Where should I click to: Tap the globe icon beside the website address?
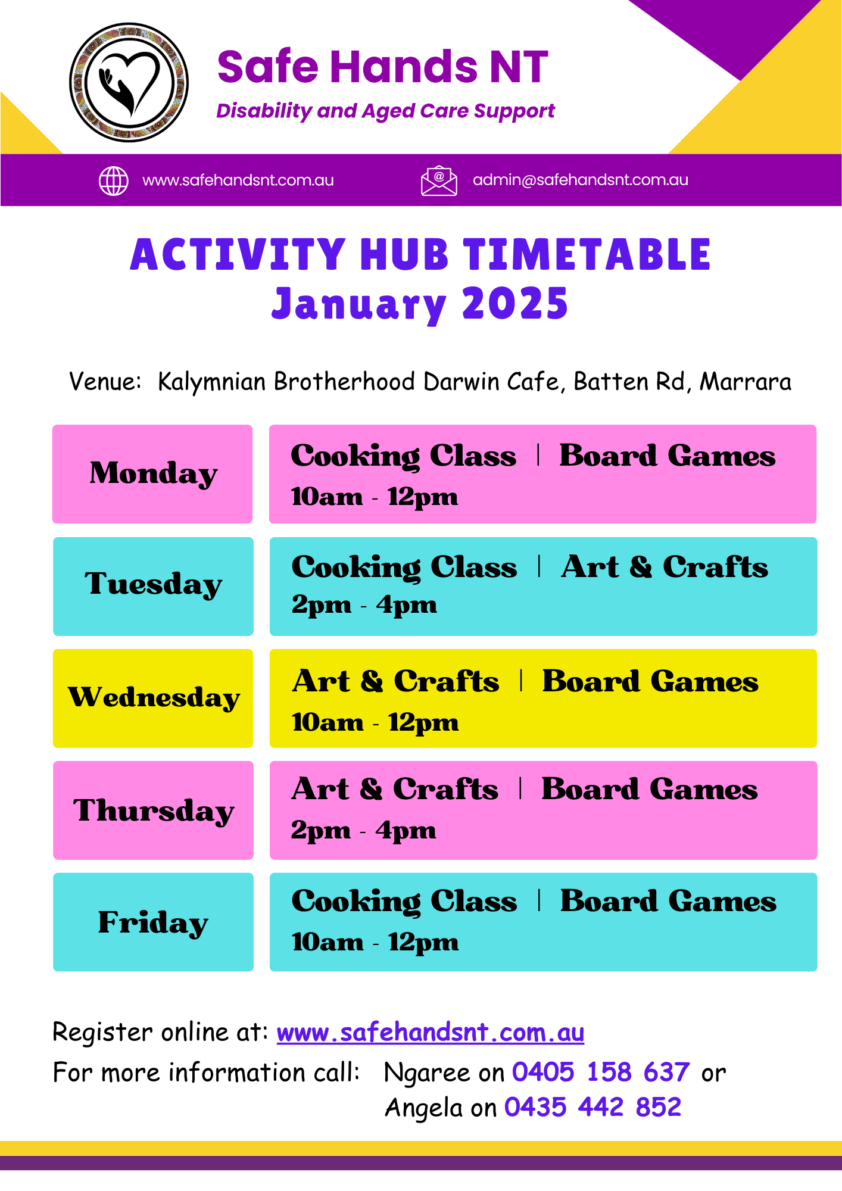(113, 181)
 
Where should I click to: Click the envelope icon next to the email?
(439, 180)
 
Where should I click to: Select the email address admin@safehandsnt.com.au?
(581, 180)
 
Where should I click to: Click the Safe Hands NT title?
(382, 66)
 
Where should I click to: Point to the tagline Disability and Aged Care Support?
(385, 111)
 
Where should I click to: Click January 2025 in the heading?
(420, 304)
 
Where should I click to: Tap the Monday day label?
(154, 474)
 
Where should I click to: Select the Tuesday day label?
(154, 585)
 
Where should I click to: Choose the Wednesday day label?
(154, 697)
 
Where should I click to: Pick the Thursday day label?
(154, 811)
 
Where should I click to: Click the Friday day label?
(154, 922)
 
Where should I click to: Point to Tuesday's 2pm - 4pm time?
(364, 606)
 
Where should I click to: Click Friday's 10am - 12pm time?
(375, 943)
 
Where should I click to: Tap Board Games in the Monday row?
(668, 456)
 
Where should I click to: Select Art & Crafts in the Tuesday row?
(665, 567)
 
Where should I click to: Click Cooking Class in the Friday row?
(404, 902)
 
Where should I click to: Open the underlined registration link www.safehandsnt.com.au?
(431, 1033)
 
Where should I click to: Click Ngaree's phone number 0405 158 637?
(601, 1072)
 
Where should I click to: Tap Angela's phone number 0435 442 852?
(593, 1108)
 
